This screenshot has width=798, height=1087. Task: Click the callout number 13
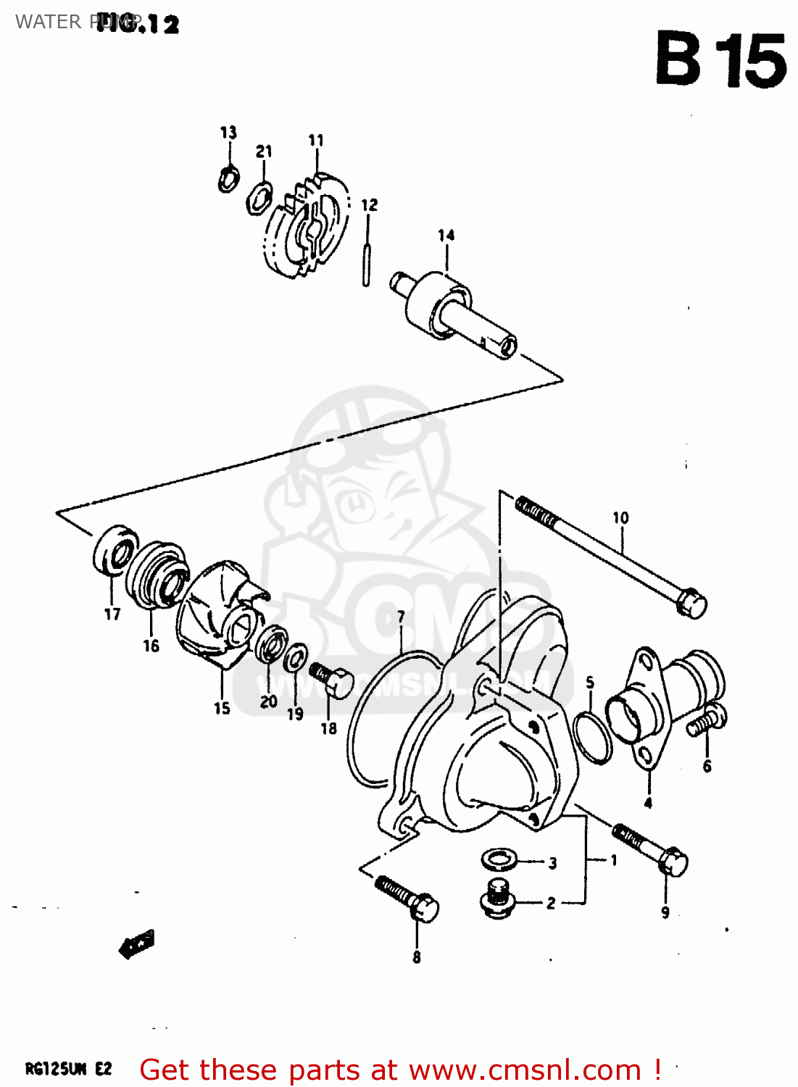[228, 133]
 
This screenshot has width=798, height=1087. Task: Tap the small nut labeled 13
[228, 178]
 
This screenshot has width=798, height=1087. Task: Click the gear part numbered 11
[308, 225]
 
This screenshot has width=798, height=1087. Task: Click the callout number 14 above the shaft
[446, 236]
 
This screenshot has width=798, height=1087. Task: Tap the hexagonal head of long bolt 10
[692, 604]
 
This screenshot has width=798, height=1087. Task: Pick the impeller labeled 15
[220, 616]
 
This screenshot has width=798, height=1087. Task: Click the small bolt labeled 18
[333, 680]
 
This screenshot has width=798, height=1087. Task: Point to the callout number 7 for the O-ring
[401, 617]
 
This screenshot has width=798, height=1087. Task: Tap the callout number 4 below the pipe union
[648, 803]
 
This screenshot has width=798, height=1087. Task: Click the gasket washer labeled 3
[499, 860]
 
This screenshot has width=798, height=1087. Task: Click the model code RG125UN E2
[68, 1069]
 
